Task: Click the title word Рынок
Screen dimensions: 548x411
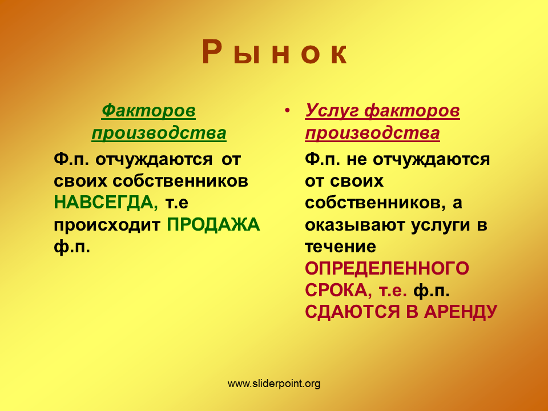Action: coord(275,53)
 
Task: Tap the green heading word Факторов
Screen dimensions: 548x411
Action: coord(148,111)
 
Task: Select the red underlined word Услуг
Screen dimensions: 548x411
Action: coord(332,111)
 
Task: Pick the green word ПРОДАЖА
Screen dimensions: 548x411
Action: coord(213,224)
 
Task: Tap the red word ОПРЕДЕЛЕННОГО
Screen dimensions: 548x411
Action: coord(387,268)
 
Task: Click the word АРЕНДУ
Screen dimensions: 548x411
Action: coord(460,312)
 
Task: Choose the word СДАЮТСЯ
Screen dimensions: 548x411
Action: coord(352,312)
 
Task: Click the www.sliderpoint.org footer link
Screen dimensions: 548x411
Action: coord(274,384)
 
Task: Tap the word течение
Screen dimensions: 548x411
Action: coord(341,247)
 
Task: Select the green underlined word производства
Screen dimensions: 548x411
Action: coord(159,134)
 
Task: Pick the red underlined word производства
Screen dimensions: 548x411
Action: coord(373,134)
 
